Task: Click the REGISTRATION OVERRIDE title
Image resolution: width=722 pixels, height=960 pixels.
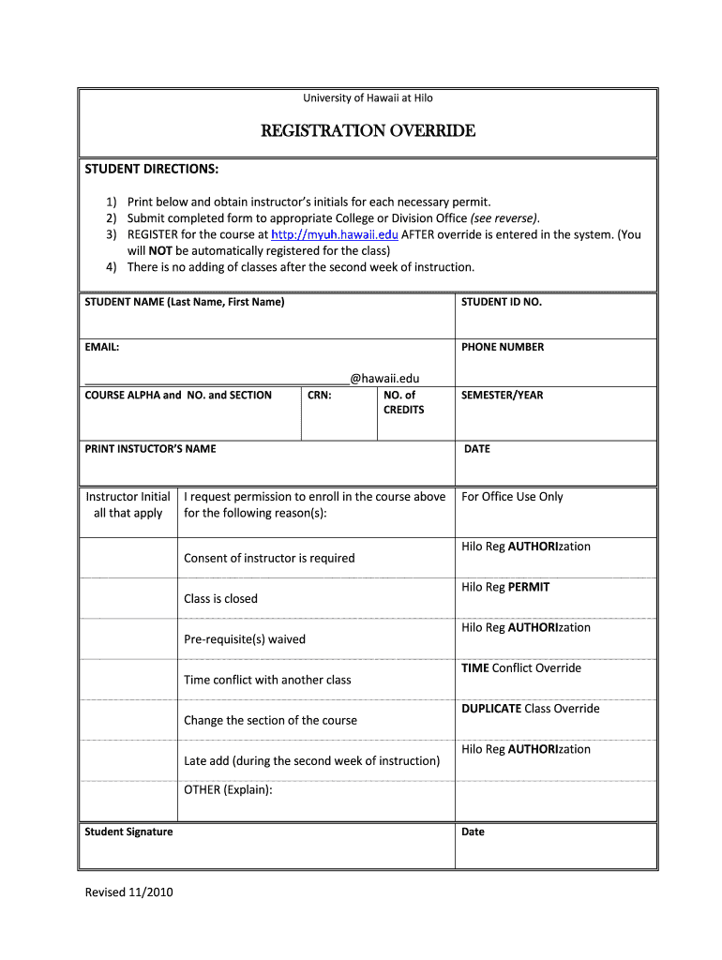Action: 368,131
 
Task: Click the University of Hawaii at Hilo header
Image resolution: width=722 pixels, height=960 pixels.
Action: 368,97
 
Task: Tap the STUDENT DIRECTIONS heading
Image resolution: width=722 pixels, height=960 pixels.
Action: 152,169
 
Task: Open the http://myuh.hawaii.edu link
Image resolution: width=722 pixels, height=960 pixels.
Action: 334,234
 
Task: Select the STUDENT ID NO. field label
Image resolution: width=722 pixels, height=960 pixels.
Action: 502,302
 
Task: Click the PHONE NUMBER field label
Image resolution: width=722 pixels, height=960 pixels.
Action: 502,347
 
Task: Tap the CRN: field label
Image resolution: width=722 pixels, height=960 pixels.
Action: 320,396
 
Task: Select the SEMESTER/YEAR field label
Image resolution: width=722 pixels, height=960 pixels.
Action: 502,396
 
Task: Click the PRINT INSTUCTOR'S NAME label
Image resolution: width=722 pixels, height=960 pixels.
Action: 150,449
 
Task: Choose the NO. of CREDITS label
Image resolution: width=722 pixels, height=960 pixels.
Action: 403,402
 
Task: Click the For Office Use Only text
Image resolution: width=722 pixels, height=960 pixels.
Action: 512,497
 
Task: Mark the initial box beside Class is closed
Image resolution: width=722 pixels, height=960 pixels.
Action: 128,598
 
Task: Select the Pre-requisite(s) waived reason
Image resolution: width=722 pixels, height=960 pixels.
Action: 245,639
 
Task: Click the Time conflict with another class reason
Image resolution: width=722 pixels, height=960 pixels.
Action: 267,680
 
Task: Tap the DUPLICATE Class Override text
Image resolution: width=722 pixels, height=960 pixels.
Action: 530,709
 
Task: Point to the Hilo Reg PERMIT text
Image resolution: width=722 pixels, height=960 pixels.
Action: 505,587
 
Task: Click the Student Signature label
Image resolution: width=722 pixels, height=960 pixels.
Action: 128,832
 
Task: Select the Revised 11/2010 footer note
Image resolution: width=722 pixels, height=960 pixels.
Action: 128,892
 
